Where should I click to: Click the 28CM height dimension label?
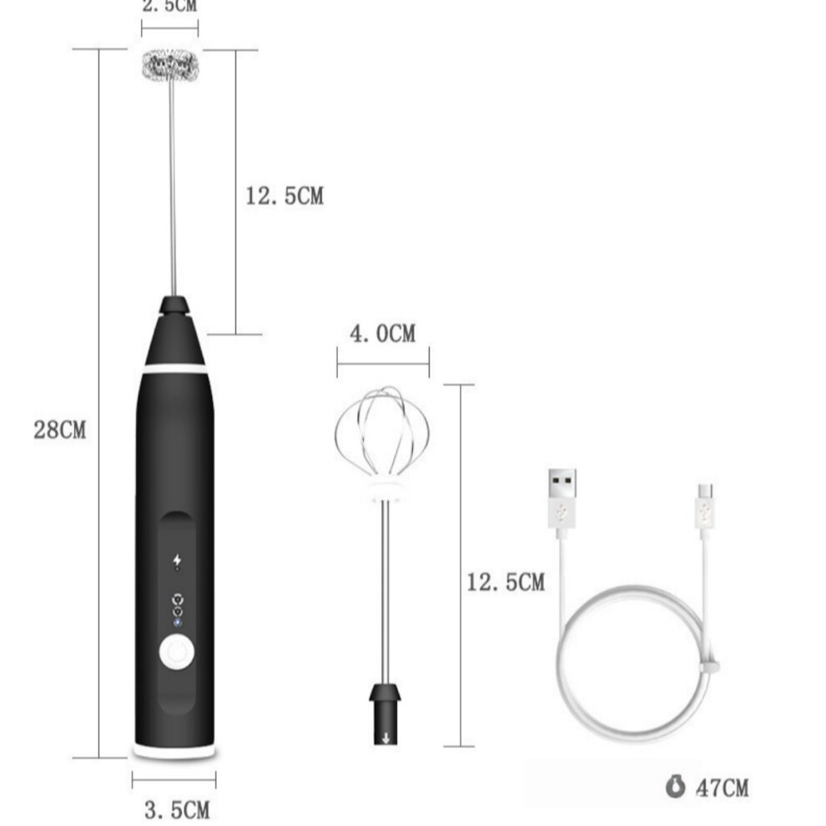tap(59, 430)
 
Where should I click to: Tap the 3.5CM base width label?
tap(177, 809)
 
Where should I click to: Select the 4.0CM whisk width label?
tap(383, 334)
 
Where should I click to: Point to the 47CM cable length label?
tap(723, 788)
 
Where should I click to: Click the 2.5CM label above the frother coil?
tap(169, 5)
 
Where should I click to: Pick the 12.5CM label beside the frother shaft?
tap(285, 195)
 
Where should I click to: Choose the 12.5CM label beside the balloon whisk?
tap(506, 582)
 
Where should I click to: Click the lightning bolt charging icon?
tap(177, 561)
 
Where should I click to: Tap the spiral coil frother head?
tap(171, 65)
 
